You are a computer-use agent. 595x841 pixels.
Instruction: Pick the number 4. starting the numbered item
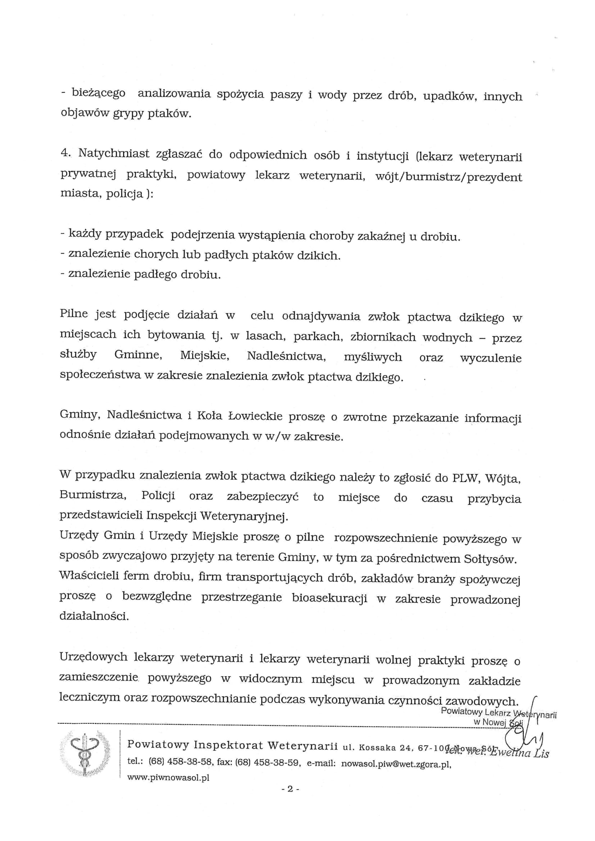tap(65, 154)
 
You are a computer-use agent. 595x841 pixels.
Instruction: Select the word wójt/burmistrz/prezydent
tap(449, 178)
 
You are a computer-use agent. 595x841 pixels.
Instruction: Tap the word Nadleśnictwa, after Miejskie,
tap(286, 356)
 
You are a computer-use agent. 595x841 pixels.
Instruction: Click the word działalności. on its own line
tap(94, 616)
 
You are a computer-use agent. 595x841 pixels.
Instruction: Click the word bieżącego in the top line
tap(98, 93)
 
